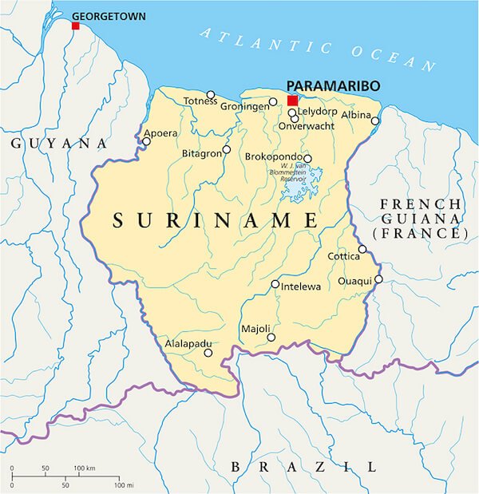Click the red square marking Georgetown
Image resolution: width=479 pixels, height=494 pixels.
(x=76, y=26)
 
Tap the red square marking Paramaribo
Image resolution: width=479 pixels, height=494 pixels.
(x=293, y=101)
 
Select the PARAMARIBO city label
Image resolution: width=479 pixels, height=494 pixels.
(x=333, y=85)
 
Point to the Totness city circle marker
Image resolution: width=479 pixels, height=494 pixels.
(x=211, y=94)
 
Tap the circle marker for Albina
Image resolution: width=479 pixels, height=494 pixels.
(x=375, y=121)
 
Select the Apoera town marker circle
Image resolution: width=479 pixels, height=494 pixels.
(x=146, y=141)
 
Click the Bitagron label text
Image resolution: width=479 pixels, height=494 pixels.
(x=200, y=152)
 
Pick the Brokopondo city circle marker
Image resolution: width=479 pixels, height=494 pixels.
(x=307, y=158)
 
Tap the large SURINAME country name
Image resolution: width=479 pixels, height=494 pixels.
(x=216, y=220)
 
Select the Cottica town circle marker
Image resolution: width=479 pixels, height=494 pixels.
(x=362, y=249)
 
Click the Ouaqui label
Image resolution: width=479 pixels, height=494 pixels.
(x=354, y=281)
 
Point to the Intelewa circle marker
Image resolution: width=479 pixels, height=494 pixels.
(x=275, y=283)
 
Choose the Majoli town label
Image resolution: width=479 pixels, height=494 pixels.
(x=255, y=329)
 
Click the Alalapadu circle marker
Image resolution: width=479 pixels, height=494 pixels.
(x=208, y=353)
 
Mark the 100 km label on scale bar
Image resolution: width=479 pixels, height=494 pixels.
(x=85, y=467)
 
